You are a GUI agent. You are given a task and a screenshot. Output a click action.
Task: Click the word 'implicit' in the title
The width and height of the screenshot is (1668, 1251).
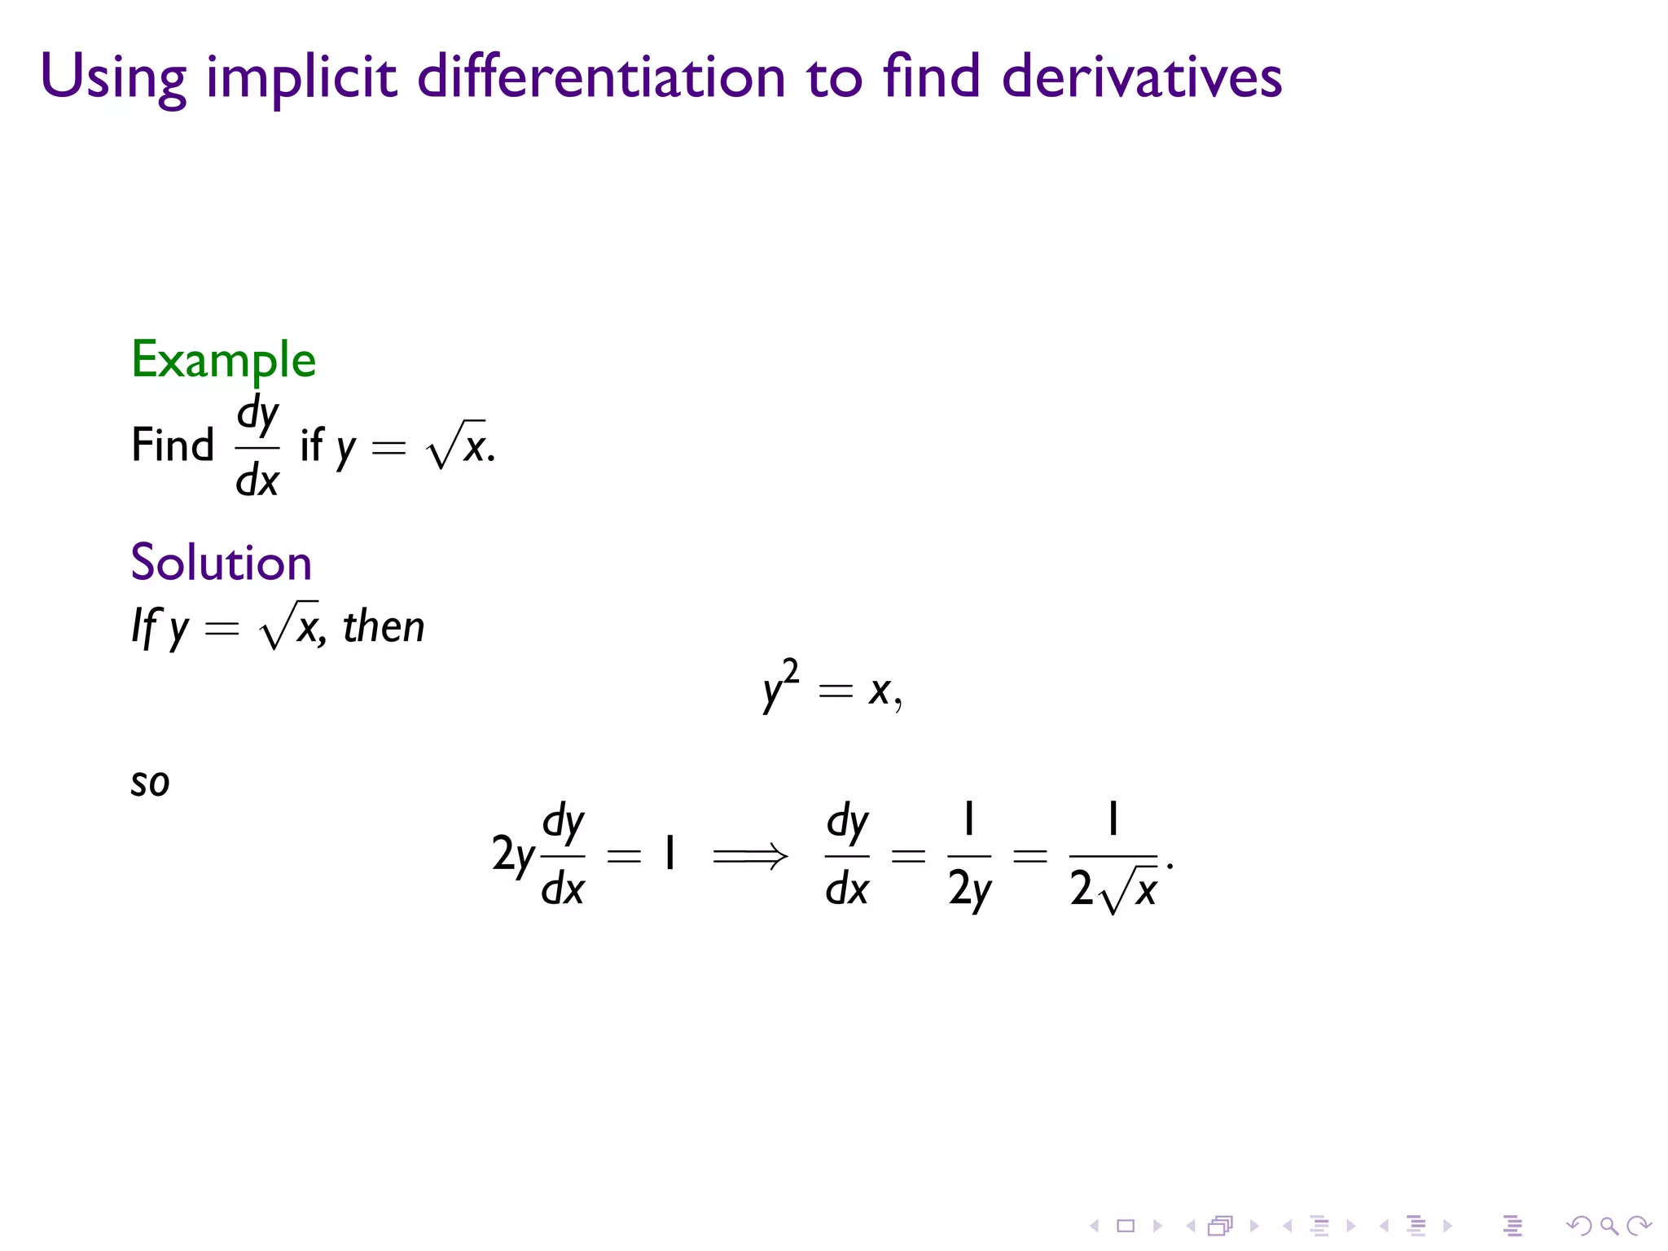click(x=301, y=77)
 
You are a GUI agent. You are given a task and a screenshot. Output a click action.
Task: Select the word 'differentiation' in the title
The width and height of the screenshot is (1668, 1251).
click(x=601, y=77)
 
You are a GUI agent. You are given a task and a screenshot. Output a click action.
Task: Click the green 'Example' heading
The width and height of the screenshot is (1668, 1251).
click(x=223, y=359)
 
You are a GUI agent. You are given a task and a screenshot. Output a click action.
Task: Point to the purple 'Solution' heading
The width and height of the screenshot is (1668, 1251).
click(x=221, y=562)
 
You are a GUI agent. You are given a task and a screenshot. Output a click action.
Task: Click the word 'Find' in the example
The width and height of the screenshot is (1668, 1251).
click(x=173, y=446)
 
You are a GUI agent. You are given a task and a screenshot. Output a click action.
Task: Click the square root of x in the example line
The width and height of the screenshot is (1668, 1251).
click(x=457, y=446)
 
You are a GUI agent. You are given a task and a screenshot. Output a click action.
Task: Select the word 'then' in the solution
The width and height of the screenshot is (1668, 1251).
click(x=384, y=627)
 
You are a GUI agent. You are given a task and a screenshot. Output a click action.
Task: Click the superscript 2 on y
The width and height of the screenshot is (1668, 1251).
click(x=790, y=673)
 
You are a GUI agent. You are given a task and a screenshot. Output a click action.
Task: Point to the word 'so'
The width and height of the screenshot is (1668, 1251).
click(x=150, y=783)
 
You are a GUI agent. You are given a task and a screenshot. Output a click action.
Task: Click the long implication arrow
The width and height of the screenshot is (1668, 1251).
click(x=750, y=856)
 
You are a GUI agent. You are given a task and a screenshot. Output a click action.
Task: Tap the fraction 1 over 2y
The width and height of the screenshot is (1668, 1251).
click(x=969, y=855)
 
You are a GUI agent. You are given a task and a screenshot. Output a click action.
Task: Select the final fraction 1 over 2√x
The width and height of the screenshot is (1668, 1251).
click(x=1113, y=857)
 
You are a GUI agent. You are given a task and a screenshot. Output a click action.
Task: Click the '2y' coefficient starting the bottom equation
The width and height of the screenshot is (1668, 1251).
click(x=513, y=855)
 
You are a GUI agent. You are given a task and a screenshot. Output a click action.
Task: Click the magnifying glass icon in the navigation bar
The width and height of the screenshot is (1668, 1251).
click(x=1609, y=1226)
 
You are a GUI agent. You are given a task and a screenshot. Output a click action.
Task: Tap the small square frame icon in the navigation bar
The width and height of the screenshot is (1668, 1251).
click(x=1126, y=1226)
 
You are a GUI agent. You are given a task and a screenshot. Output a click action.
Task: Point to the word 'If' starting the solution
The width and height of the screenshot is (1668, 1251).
click(x=144, y=627)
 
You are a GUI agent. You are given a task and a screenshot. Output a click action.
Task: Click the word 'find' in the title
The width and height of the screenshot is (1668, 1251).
click(x=931, y=77)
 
